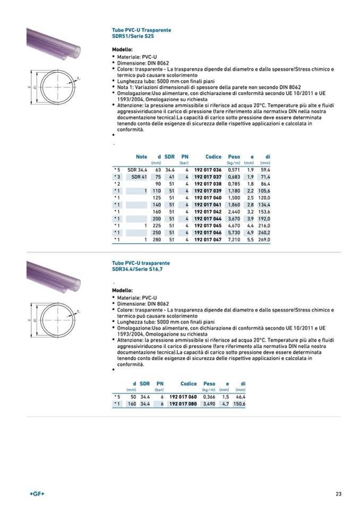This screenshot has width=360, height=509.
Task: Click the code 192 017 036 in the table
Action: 208,169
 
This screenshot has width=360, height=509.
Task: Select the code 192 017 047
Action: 208,240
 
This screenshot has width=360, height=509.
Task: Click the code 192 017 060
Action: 183,396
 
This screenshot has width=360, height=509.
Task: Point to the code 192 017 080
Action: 183,404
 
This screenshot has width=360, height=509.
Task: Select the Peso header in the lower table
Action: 209,383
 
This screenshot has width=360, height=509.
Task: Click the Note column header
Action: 141,157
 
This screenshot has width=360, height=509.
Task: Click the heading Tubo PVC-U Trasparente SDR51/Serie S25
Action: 141,33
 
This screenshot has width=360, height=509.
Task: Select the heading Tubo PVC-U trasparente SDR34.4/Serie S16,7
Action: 141,266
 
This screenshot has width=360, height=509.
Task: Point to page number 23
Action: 338,495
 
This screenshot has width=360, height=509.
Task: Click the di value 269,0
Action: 264,240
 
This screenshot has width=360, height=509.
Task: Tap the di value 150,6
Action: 239,404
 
